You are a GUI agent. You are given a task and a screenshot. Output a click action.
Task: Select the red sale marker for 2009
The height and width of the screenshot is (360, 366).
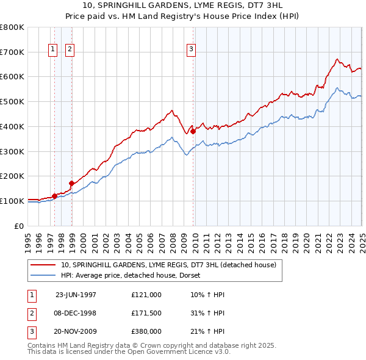pos(193,131)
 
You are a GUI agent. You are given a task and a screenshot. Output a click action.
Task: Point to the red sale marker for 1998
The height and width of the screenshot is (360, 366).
pos(71,182)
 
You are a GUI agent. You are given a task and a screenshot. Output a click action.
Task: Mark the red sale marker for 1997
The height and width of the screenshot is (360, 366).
pos(55,195)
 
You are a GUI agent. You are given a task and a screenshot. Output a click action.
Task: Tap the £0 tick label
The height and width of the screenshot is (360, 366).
pos(20,226)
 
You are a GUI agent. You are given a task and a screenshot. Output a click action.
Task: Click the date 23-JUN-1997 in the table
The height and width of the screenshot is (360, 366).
pos(76,295)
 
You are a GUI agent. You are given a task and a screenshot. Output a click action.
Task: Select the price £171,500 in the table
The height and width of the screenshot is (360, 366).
pos(146,313)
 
